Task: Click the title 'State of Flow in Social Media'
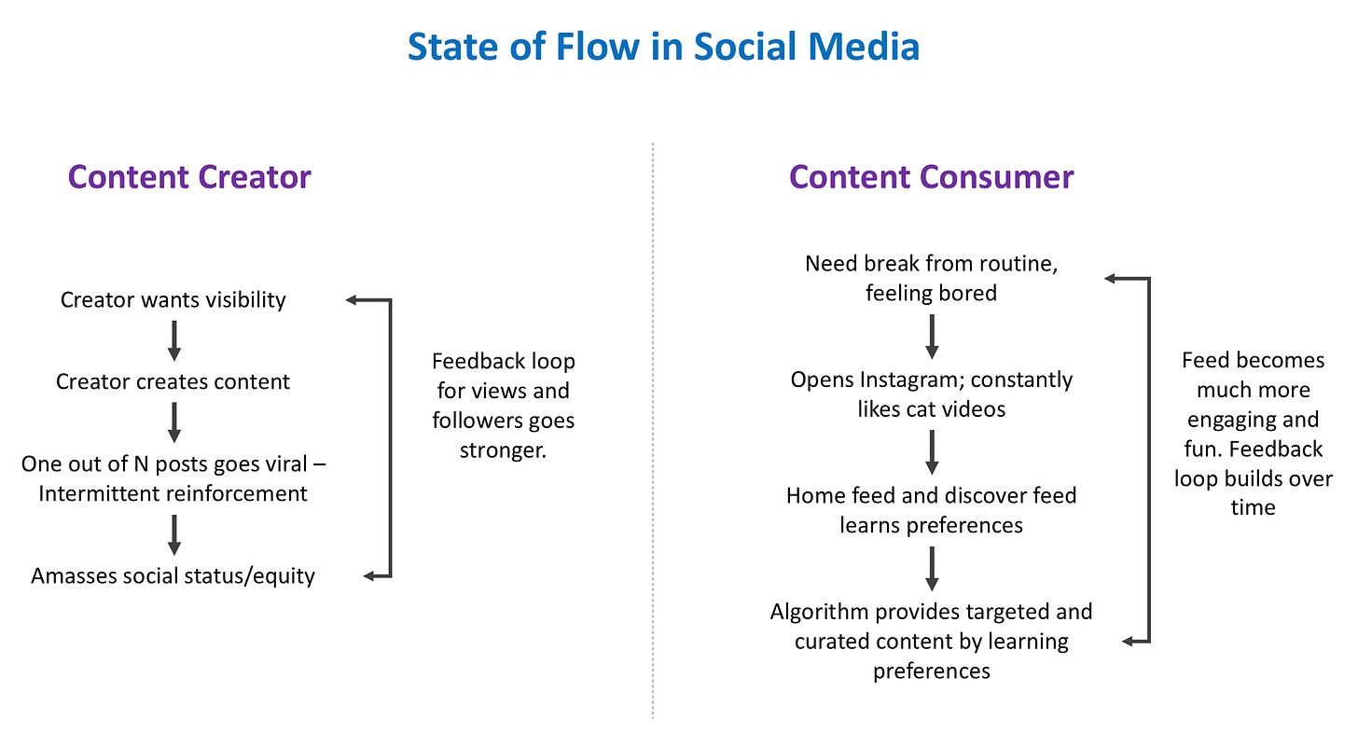(x=663, y=47)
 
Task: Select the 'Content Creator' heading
(x=189, y=177)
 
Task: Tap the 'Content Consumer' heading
(x=931, y=177)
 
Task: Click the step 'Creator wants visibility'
(x=173, y=300)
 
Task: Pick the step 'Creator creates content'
(x=173, y=381)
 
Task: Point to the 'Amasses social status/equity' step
(x=173, y=575)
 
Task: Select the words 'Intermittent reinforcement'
(x=173, y=493)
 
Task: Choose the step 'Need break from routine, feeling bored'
(x=931, y=278)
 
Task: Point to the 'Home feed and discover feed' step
(x=931, y=495)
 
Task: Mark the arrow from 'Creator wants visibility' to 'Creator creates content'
(x=173, y=340)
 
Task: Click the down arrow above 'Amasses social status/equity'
(x=173, y=534)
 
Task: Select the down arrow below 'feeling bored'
(x=931, y=336)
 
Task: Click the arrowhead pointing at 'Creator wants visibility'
(x=353, y=300)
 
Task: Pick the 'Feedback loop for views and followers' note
(x=504, y=406)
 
